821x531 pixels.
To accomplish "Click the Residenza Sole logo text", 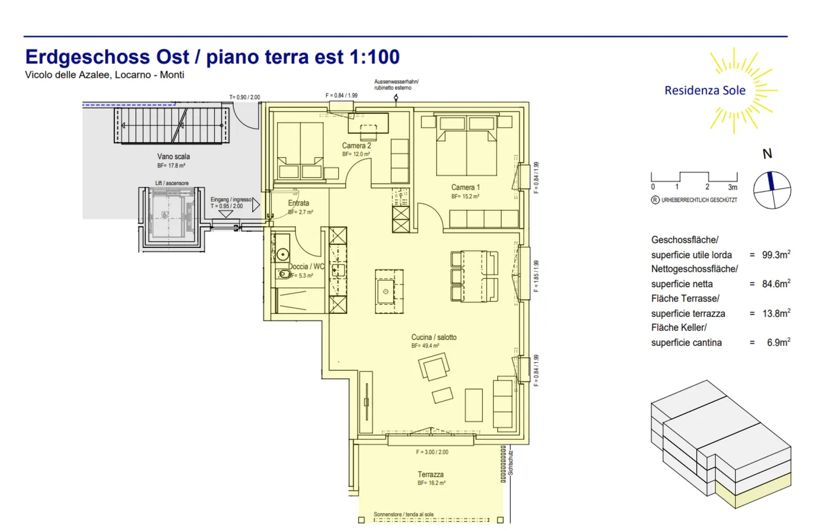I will click(705, 91).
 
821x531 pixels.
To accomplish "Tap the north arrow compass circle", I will click(772, 190).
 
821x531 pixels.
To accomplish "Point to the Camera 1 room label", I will click(465, 187).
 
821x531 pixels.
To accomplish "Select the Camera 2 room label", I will click(356, 146).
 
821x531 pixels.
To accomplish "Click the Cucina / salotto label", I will click(434, 337).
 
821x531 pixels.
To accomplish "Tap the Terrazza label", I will click(430, 475).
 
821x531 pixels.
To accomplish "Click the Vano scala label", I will click(173, 157).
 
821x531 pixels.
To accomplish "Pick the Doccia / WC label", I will click(306, 267).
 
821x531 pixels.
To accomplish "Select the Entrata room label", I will click(298, 203).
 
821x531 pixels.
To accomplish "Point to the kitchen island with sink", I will click(389, 291).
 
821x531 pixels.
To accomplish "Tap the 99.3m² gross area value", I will click(776, 255).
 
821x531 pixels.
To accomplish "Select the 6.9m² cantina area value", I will click(778, 342).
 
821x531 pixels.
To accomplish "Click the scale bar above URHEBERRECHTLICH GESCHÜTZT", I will click(694, 178).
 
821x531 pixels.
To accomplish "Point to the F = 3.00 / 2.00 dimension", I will click(432, 452).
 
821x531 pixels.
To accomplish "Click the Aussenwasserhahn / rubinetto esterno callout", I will click(396, 85).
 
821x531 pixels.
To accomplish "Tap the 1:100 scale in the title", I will click(374, 57).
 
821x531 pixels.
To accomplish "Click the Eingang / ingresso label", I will click(230, 200).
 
